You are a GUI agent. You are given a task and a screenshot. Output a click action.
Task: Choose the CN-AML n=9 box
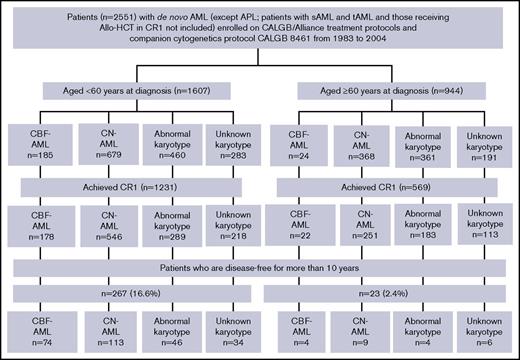357,331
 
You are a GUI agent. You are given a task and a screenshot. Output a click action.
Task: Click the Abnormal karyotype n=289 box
163,229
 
